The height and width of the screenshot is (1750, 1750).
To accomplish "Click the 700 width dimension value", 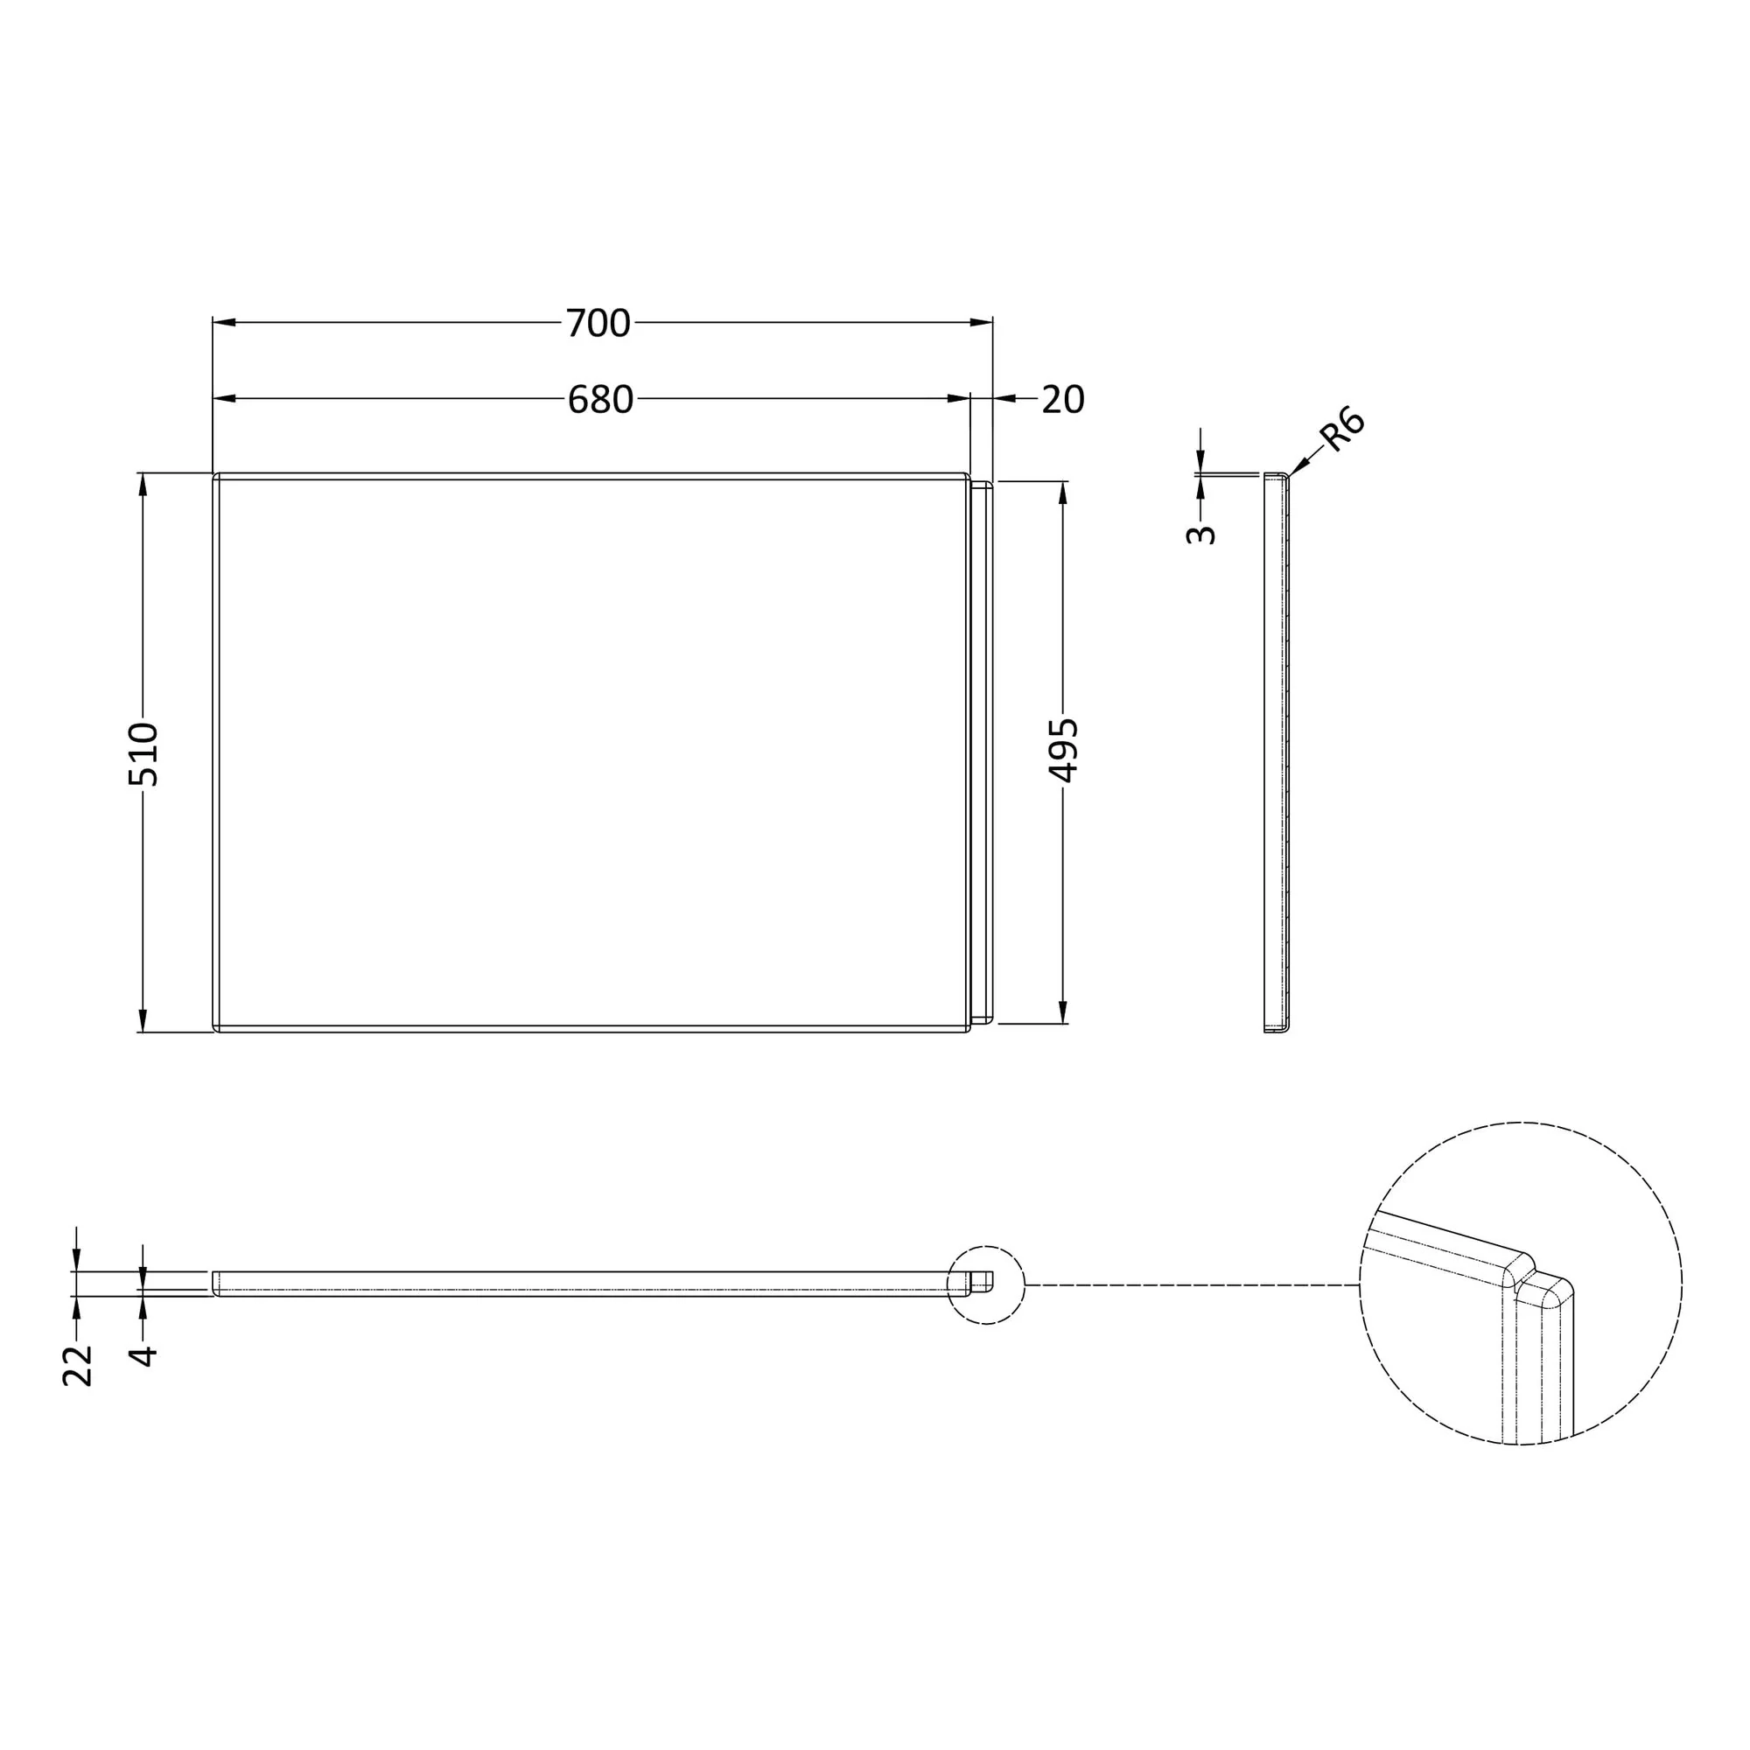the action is tap(598, 324).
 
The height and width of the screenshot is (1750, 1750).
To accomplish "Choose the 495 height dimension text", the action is tap(1062, 750).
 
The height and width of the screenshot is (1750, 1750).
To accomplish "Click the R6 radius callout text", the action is tap(1342, 430).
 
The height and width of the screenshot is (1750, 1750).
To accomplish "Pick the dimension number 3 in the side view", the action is tap(1200, 535).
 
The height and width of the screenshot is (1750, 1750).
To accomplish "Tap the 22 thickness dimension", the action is tap(77, 1366).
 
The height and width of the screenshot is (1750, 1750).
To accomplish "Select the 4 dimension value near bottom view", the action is tap(143, 1356).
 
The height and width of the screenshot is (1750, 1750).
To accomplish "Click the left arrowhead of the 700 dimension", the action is tap(224, 323).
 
